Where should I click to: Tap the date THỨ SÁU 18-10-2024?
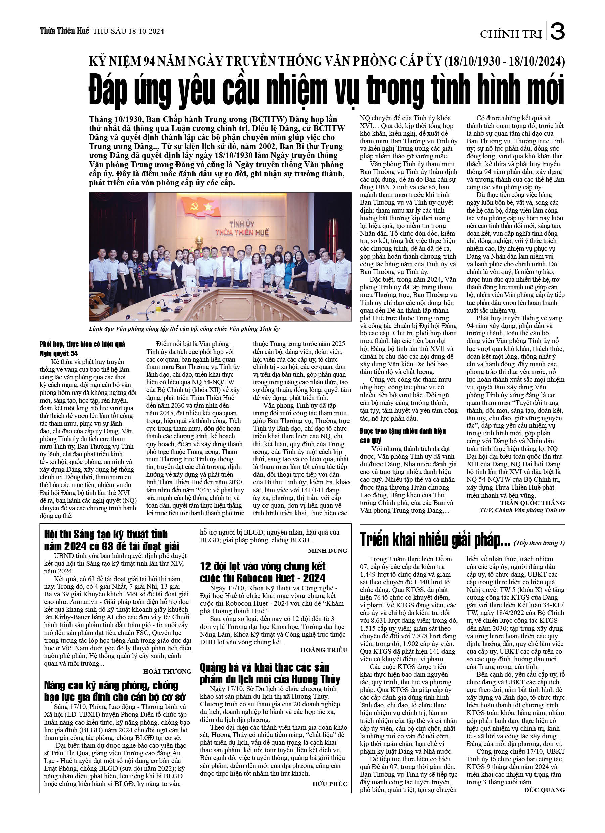pos(129,32)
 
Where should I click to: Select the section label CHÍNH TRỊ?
pos(511,34)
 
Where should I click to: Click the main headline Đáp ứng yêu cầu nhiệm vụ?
pos(326,90)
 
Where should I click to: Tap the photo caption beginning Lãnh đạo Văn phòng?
pos(184,329)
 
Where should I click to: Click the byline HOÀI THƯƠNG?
pos(167,672)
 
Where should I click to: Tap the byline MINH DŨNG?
pos(327,550)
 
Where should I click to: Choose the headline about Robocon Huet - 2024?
pos(263,572)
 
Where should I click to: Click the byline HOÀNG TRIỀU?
pos(324,650)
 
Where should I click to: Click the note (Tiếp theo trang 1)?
pos(539,543)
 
